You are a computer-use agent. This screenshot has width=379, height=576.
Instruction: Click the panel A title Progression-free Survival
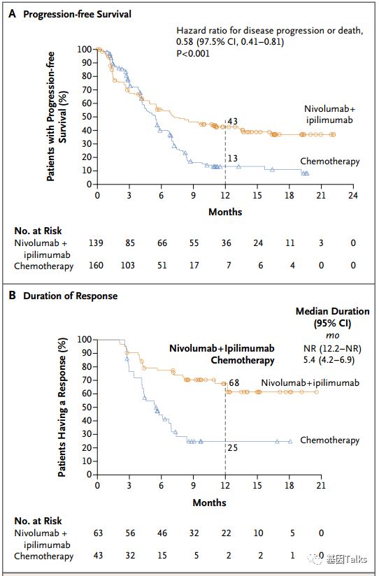77,14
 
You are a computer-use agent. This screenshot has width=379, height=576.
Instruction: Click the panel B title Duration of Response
70,296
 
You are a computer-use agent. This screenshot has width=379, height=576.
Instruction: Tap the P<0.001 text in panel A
193,54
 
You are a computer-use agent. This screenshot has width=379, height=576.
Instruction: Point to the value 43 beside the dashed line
233,121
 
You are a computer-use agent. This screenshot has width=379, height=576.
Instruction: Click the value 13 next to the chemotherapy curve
233,158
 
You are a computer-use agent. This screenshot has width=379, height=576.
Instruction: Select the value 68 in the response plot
234,383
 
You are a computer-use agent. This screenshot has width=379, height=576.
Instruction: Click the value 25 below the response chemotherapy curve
233,448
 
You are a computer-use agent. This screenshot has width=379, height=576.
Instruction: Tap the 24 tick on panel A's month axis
353,195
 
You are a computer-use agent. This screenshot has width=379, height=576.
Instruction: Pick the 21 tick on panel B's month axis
321,485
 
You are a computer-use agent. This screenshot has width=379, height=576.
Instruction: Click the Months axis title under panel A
225,212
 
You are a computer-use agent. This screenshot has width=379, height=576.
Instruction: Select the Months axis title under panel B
210,503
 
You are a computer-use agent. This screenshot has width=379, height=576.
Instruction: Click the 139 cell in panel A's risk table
96,243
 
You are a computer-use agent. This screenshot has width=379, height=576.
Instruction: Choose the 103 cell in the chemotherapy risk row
128,265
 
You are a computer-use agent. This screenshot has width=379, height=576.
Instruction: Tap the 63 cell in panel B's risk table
98,533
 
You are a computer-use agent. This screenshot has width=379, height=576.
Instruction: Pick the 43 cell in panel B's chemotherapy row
98,556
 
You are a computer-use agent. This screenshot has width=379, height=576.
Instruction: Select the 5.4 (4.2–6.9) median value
329,359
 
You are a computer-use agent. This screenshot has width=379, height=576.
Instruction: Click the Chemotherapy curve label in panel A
330,161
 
